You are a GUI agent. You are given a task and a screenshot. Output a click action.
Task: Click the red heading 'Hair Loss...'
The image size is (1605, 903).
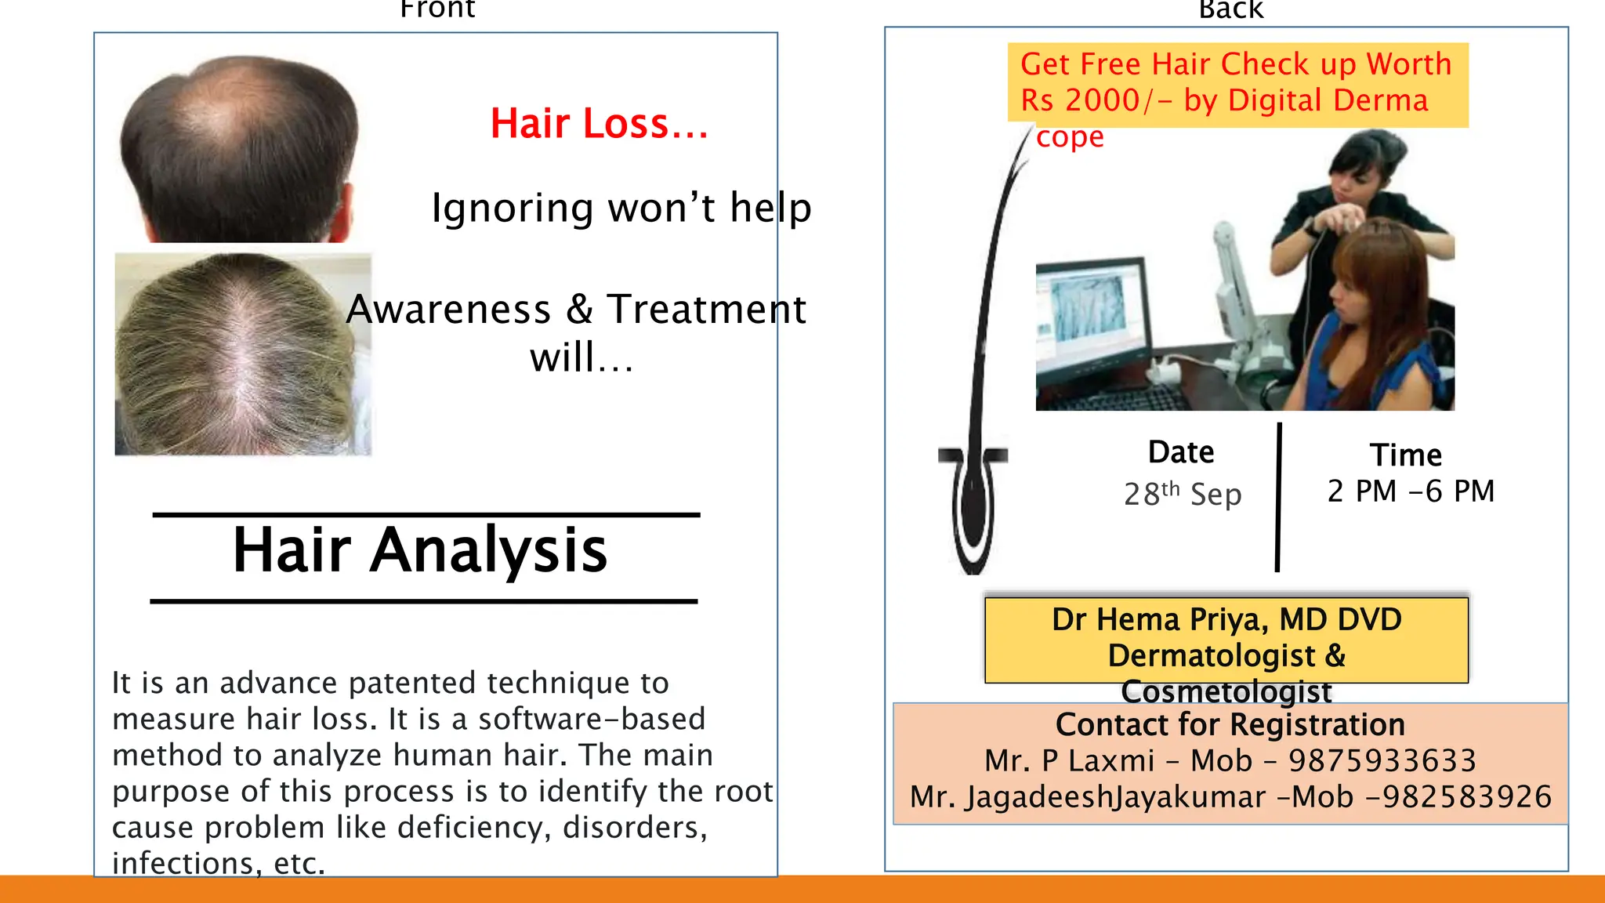point(599,124)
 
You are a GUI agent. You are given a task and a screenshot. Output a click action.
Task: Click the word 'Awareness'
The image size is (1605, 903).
point(448,309)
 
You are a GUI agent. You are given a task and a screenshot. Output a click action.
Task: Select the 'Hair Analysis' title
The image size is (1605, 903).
point(420,550)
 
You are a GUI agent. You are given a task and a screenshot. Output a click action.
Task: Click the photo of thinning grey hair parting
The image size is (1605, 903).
point(243,354)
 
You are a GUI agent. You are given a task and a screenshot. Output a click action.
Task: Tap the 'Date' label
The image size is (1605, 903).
point(1181,452)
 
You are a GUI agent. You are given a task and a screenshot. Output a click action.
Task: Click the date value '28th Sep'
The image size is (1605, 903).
point(1183,494)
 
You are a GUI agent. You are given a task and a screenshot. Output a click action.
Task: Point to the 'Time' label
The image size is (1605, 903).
point(1406,455)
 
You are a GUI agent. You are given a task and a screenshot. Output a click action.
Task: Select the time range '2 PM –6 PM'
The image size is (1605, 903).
point(1411,491)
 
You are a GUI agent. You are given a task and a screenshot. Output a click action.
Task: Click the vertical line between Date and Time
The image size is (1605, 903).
point(1278,498)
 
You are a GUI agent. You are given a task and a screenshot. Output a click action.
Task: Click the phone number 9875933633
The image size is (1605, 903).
point(1382,760)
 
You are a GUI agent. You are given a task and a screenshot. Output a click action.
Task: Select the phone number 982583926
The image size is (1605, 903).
point(1466,796)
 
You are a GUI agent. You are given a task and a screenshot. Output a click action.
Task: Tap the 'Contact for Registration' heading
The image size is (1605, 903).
point(1230,724)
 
